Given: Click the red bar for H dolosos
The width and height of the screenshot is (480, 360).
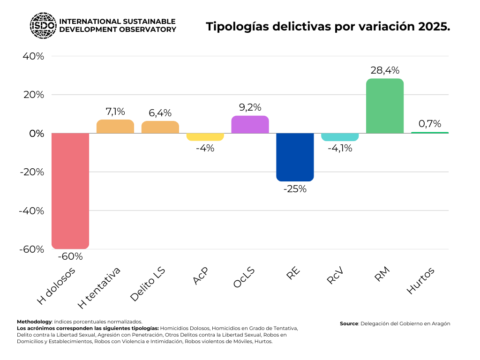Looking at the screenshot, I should pos(70,191).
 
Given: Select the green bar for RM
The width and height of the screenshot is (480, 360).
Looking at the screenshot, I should pos(385,106).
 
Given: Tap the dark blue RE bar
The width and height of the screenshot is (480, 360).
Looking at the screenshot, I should pos(295,157).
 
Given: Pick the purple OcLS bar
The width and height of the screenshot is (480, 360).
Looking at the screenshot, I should pos(250,125).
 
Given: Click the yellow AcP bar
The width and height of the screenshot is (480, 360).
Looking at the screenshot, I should pos(205,137).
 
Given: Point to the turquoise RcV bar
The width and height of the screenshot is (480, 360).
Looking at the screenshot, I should pos(340,137).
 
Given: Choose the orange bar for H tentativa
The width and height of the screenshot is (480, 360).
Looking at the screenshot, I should pos(115,127).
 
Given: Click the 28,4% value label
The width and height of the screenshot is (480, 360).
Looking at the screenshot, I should pos(385,70).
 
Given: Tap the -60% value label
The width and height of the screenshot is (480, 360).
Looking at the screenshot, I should pos(70,256).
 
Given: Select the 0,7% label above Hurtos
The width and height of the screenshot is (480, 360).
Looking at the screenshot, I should pos(430,124).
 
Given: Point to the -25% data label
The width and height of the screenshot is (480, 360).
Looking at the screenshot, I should pos(295,189).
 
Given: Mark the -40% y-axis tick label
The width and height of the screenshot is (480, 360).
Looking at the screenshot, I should pos(31,210).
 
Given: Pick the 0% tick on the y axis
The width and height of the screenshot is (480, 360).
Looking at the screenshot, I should pos(36,134).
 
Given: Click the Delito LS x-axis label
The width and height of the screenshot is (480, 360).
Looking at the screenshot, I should pos(149,284).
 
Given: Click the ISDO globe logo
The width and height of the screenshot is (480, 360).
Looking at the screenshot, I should pos(43,25).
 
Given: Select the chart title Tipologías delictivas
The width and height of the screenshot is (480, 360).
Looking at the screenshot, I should pos(328,27).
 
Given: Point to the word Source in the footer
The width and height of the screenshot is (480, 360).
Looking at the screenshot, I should pos(349,323).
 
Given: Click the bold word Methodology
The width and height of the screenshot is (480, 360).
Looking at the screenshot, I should pos(34,322).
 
